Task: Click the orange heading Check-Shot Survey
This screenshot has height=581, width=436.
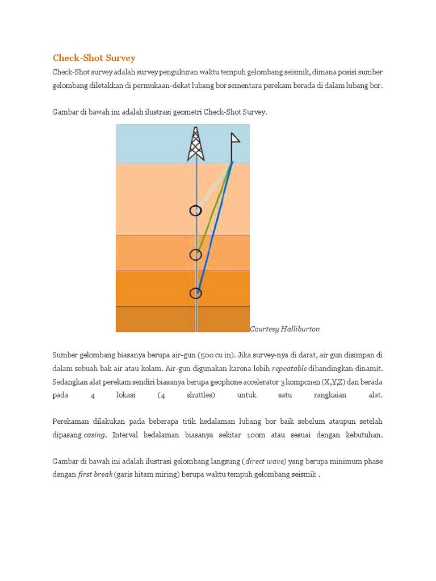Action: (x=94, y=58)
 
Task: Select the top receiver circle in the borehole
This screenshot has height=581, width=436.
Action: (x=195, y=210)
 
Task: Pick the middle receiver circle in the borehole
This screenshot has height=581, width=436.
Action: (x=195, y=255)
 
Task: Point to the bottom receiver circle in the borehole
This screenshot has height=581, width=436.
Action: (x=195, y=293)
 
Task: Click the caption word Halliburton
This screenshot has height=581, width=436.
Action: (x=303, y=329)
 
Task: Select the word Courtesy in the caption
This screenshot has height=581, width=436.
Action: (x=264, y=329)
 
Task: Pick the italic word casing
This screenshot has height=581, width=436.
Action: (x=94, y=435)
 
